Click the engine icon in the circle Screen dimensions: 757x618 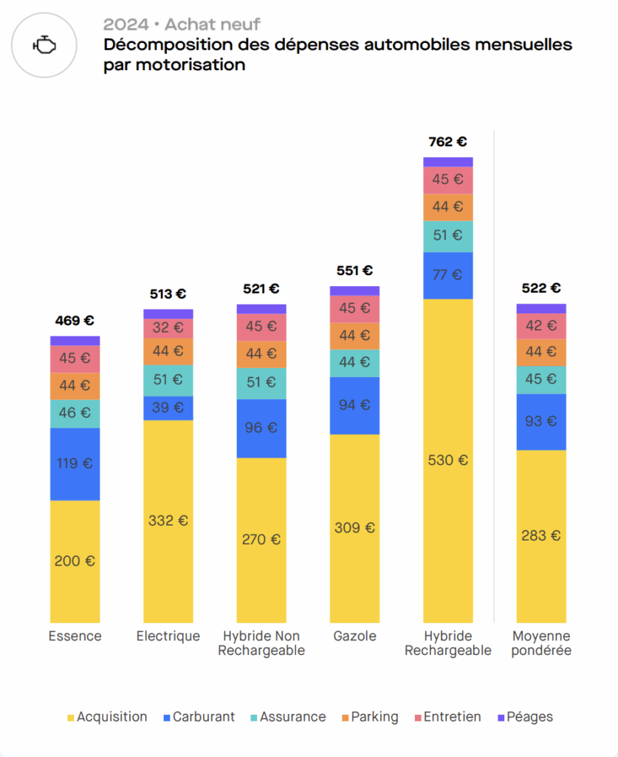coord(44,46)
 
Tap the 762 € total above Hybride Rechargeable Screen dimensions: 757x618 coord(448,142)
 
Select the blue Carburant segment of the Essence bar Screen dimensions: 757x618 coord(75,464)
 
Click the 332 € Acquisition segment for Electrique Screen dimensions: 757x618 coord(168,520)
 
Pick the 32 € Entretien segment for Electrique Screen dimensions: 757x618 coord(168,327)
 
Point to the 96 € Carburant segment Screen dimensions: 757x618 coord(261,428)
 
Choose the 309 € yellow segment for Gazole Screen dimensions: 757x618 coord(354,528)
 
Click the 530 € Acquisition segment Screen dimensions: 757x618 coord(448,460)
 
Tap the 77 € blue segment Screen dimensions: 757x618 coord(448,275)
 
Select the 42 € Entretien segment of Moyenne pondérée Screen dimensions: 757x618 coord(541,326)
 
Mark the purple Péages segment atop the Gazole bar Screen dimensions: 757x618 coord(354,291)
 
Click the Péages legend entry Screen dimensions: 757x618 coord(525,717)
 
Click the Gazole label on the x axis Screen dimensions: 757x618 coord(354,637)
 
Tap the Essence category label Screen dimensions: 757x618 coord(75,637)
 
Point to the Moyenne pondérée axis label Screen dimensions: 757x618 coord(541,643)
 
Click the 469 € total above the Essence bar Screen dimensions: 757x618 coord(75,321)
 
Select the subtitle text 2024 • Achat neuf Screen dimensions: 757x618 coord(182,25)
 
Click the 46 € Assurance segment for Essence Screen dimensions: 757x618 coord(75,413)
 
